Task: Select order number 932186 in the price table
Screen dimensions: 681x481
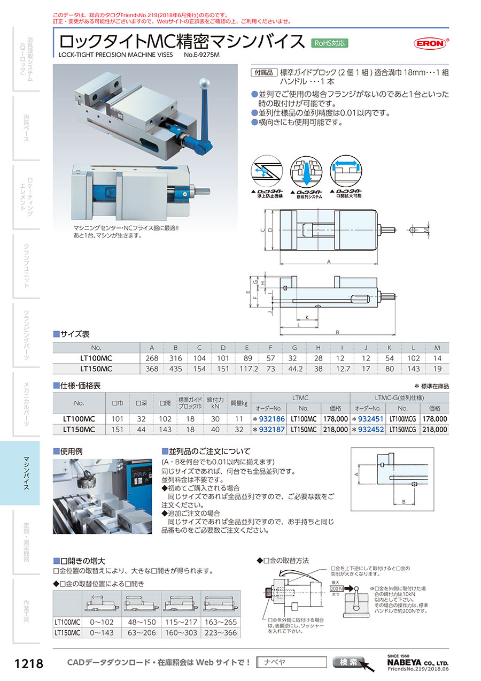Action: point(270,419)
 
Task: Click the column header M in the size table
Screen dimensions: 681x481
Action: point(437,348)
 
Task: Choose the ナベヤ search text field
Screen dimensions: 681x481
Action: point(291,662)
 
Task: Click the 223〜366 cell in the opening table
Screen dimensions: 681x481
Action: point(220,632)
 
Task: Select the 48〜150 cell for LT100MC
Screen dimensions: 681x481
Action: point(142,622)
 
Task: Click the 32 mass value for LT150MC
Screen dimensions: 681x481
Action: point(239,429)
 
